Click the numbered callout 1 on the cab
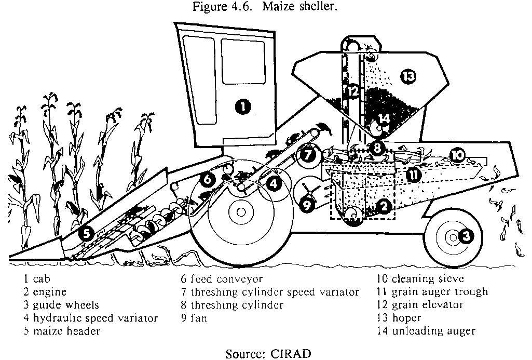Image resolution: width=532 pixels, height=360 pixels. click(x=242, y=108)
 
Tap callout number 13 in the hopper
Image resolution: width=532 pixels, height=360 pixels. click(x=408, y=77)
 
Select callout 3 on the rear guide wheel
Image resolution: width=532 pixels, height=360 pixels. click(x=467, y=237)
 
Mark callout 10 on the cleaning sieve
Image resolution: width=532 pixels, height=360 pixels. click(x=457, y=154)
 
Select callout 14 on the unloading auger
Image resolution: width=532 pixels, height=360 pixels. click(x=384, y=118)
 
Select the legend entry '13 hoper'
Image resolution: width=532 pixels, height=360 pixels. click(x=399, y=318)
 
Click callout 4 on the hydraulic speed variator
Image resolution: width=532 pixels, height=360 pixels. click(x=274, y=183)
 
